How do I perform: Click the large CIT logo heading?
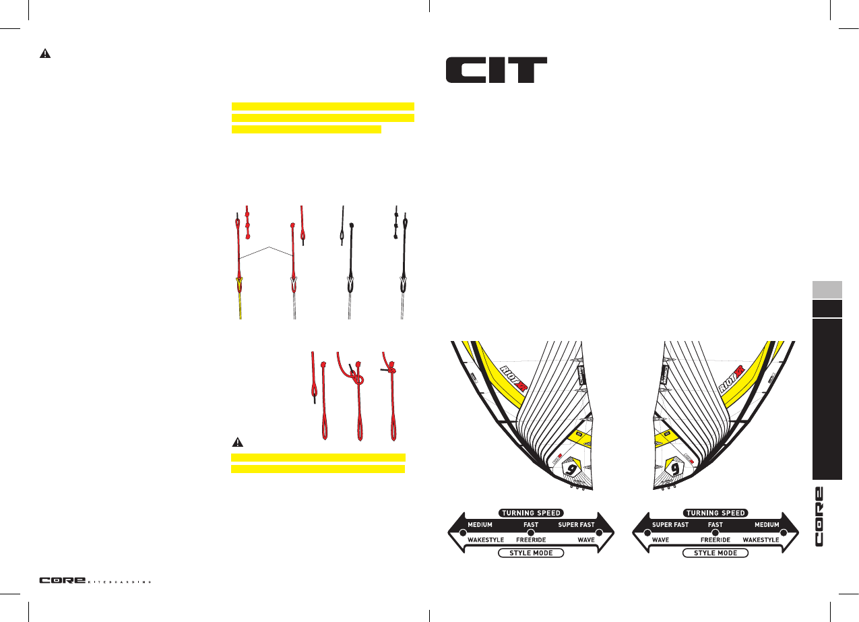coord(496,70)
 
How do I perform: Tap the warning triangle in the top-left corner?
coord(45,55)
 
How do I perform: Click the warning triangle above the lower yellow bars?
coord(238,443)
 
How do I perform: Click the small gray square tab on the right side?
coord(827,290)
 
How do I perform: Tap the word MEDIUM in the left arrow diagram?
coord(480,525)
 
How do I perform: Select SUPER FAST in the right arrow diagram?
coord(670,525)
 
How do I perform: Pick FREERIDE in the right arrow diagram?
coord(715,540)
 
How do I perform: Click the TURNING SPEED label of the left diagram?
coord(530,513)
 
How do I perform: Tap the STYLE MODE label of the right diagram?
coord(715,553)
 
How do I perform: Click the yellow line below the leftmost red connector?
coord(239,305)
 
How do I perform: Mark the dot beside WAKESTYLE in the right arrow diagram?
coord(784,532)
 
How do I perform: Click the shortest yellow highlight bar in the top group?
coord(306,128)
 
